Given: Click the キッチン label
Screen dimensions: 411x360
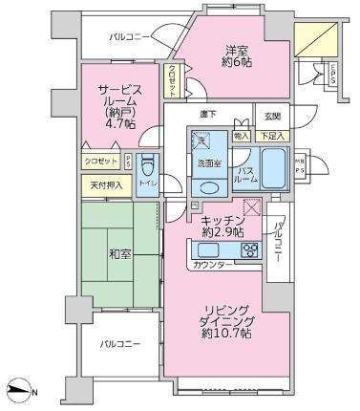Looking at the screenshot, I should coord(222,226).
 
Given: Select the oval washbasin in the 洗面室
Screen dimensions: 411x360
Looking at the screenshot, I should coord(210,185).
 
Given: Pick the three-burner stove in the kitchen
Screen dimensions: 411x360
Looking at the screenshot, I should coord(250,251).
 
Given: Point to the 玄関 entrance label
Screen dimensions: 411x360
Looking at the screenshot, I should coord(272,117).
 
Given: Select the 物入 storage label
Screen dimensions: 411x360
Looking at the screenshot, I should coord(241,136).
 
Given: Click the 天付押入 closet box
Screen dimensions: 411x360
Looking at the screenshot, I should coord(105,185).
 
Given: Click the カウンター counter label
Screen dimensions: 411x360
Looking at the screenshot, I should coord(213,263).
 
